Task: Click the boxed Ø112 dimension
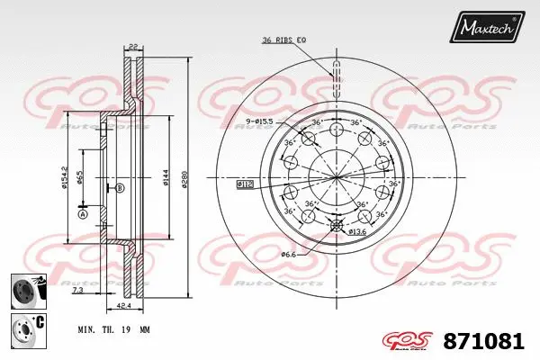pyautogui.click(x=245, y=184)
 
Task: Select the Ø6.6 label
pyautogui.click(x=287, y=255)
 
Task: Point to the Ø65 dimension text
pyautogui.click(x=80, y=177)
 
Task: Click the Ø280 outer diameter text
pyautogui.click(x=185, y=180)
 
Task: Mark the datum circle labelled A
pyautogui.click(x=82, y=214)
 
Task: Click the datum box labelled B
pyautogui.click(x=118, y=187)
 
